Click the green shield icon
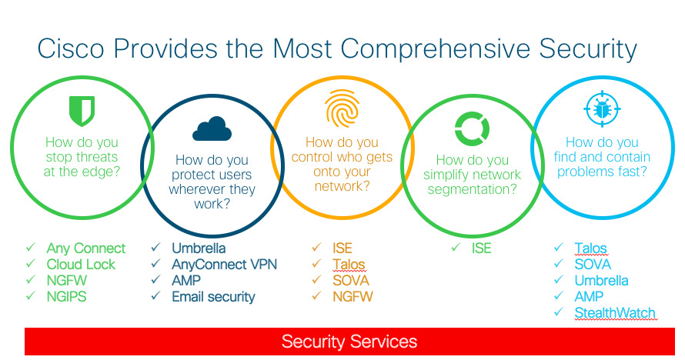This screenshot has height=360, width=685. [82, 112]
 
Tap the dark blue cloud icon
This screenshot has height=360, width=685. [212, 128]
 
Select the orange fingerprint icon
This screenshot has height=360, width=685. [341, 108]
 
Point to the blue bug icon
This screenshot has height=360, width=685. [600, 109]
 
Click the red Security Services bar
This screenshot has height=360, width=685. [349, 342]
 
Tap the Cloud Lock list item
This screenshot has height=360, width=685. [81, 265]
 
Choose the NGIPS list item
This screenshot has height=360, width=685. [68, 297]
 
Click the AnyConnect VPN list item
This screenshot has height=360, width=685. [224, 265]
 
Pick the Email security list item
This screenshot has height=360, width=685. [213, 297]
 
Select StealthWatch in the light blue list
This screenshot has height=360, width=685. [615, 313]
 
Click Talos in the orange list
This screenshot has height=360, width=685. [349, 265]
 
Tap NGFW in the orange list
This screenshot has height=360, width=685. [353, 297]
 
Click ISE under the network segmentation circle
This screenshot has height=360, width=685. [481, 248]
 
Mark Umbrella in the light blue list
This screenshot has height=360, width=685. [601, 281]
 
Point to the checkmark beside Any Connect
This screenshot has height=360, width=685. [31, 248]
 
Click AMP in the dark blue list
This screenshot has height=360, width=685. [186, 281]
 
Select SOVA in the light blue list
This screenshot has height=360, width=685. [593, 265]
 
